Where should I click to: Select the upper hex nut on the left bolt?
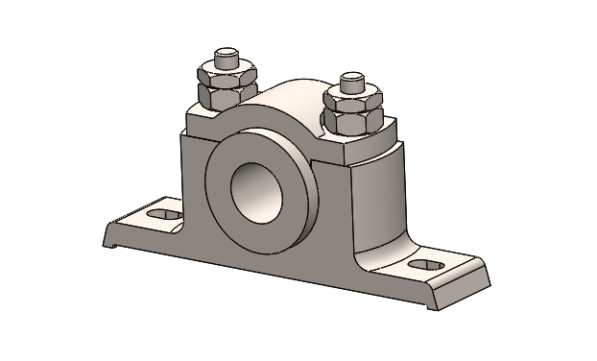(222, 74)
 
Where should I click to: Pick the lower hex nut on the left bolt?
(223, 95)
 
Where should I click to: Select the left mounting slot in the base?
(163, 212)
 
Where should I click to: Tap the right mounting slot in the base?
(423, 264)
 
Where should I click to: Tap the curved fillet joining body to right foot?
(370, 257)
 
